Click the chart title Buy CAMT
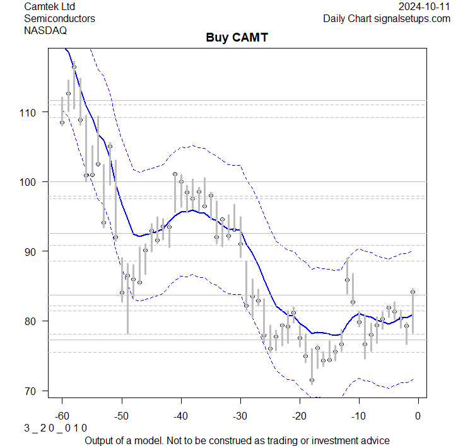[x=237, y=38]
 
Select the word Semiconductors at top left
[x=59, y=18]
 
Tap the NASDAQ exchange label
[x=45, y=30]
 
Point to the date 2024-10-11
[x=425, y=6]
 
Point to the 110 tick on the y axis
[x=29, y=112]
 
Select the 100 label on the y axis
[x=29, y=182]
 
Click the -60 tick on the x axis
[x=62, y=416]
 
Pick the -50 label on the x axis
[x=121, y=416]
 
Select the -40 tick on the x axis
[x=180, y=416]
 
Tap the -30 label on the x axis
[x=240, y=416]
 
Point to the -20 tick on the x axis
[x=299, y=416]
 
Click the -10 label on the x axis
[x=358, y=416]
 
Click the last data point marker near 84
[x=413, y=292]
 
